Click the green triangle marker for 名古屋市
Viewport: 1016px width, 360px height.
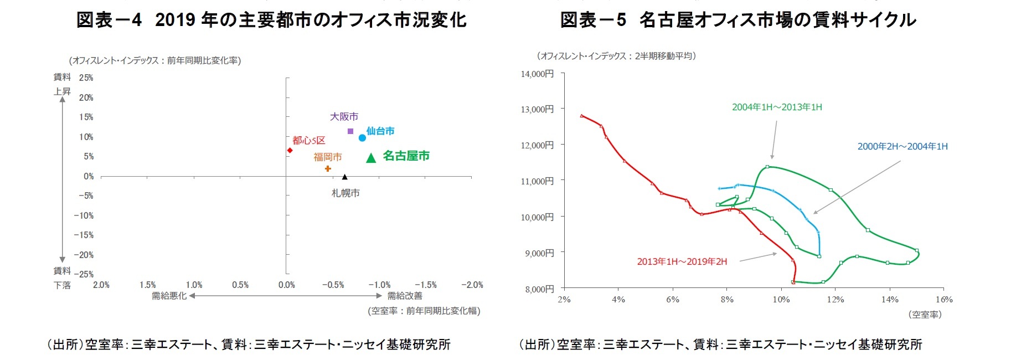coord(371,158)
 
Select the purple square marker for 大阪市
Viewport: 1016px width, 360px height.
coord(350,131)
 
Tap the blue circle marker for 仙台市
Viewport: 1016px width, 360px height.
coord(362,138)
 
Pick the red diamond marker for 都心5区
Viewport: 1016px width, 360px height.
coord(290,151)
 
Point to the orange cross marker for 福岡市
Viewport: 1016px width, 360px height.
coord(328,168)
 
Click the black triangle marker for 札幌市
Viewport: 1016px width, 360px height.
coord(344,177)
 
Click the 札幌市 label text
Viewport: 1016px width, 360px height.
coord(345,193)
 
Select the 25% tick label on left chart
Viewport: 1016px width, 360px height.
coord(86,78)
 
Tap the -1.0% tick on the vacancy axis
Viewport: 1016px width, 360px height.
coord(379,285)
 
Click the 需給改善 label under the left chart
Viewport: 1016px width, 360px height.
coord(405,296)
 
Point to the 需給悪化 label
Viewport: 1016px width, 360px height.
coord(169,296)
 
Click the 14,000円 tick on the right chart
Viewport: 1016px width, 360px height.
coord(537,74)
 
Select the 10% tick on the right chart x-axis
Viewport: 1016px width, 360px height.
coord(781,300)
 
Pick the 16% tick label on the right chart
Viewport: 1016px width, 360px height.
coord(943,300)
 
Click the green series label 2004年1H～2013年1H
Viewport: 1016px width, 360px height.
coord(777,107)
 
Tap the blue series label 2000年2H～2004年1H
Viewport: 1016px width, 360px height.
coord(902,146)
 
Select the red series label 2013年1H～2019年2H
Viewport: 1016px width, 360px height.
coord(682,261)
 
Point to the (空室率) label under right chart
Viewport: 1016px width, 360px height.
coord(925,314)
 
